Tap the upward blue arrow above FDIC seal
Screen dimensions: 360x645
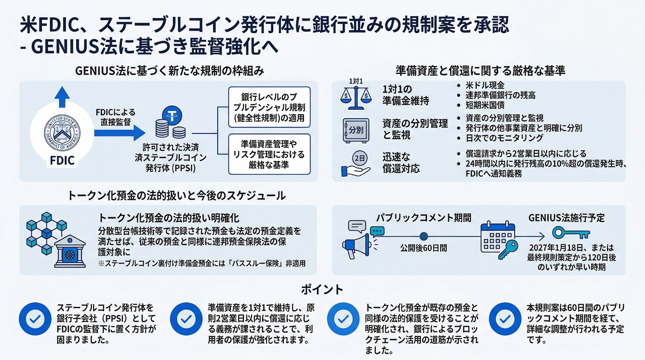pos(62,97)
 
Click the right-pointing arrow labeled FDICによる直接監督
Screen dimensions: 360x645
pos(120,133)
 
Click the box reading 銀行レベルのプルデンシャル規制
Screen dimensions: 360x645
pos(269,107)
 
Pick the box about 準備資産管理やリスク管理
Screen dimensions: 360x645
pos(269,154)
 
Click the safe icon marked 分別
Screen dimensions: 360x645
pos(356,130)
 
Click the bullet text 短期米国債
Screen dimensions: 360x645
pos(485,105)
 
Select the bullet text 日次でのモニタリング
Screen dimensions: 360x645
pos(504,138)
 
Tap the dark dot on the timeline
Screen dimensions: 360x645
pos(424,236)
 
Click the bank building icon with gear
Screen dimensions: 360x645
pos(70,252)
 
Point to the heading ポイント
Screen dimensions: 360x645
pos(322,289)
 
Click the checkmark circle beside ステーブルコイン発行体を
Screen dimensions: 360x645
pos(35,319)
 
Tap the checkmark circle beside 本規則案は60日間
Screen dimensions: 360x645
pos(505,319)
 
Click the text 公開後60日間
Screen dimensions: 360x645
pos(424,248)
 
